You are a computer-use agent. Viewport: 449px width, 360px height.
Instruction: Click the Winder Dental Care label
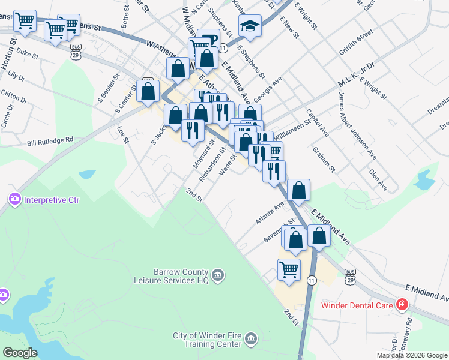tap(358, 305)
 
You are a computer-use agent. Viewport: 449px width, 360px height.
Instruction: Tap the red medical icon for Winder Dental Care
tap(402, 305)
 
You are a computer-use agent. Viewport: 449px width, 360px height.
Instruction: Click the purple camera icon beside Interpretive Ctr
tap(14, 199)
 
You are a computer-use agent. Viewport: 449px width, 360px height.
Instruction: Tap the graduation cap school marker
tap(249, 26)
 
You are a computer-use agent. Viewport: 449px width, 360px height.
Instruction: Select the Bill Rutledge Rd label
tap(50, 142)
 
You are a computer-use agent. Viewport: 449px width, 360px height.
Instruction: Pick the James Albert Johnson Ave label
tap(357, 126)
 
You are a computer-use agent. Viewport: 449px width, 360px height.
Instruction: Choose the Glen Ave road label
tap(379, 179)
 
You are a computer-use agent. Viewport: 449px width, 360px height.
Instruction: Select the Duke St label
tap(27, 53)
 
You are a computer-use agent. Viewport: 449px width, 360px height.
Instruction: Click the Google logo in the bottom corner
tap(20, 353)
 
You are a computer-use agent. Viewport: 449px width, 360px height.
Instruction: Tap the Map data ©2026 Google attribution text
tap(412, 355)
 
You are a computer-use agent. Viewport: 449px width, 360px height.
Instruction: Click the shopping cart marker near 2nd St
tap(289, 270)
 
